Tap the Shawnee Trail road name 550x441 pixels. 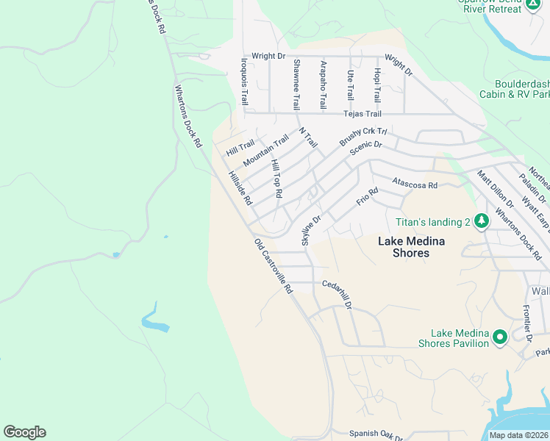coord(296,85)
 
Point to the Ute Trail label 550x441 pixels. coord(350,85)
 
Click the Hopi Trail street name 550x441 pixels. coord(376,85)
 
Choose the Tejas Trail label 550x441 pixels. coord(362,114)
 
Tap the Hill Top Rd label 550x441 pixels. coord(276,178)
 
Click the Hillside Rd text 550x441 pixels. coord(240,188)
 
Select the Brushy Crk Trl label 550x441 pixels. coord(362,135)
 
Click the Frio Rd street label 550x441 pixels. coord(368,196)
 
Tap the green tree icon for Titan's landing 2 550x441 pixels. coord(482,221)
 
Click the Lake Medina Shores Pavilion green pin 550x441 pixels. coord(500,337)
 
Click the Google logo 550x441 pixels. coord(24,432)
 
